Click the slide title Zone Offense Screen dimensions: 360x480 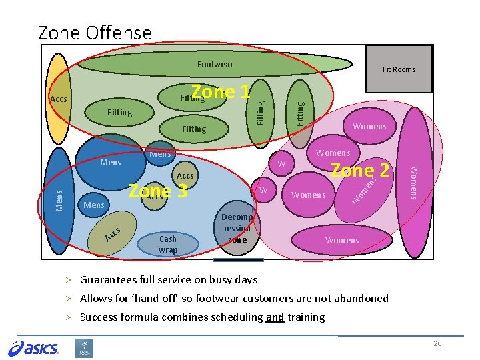click(x=95, y=32)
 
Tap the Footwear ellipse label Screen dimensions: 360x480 click(x=215, y=64)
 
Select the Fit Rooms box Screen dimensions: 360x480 click(x=399, y=69)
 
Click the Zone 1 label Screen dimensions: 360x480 click(x=220, y=91)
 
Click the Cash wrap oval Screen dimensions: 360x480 click(x=168, y=244)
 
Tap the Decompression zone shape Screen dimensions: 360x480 click(x=237, y=228)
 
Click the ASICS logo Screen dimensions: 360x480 click(x=33, y=347)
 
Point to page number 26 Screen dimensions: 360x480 click(x=437, y=343)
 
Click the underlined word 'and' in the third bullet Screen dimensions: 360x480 click(x=275, y=317)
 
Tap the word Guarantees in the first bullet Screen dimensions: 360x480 click(x=107, y=280)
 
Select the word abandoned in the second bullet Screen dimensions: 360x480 click(x=362, y=299)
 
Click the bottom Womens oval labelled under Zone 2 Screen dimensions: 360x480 click(x=342, y=240)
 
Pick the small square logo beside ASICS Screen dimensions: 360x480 click(x=85, y=348)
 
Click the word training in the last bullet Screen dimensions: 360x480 click(x=306, y=317)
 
